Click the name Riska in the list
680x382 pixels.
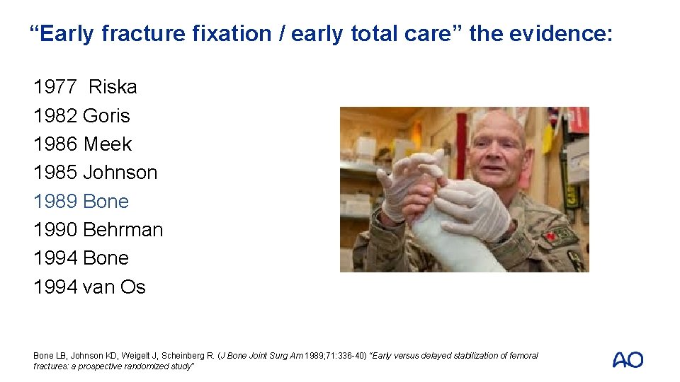click(113, 87)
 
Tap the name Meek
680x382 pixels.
click(108, 144)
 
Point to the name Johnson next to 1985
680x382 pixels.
click(120, 173)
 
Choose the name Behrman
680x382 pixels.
click(123, 230)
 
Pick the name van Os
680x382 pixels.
click(114, 287)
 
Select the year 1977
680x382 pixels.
click(55, 87)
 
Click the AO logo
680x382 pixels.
click(628, 360)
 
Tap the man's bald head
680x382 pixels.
click(499, 124)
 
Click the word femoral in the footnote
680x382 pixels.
click(523, 356)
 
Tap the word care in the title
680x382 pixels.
click(433, 33)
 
